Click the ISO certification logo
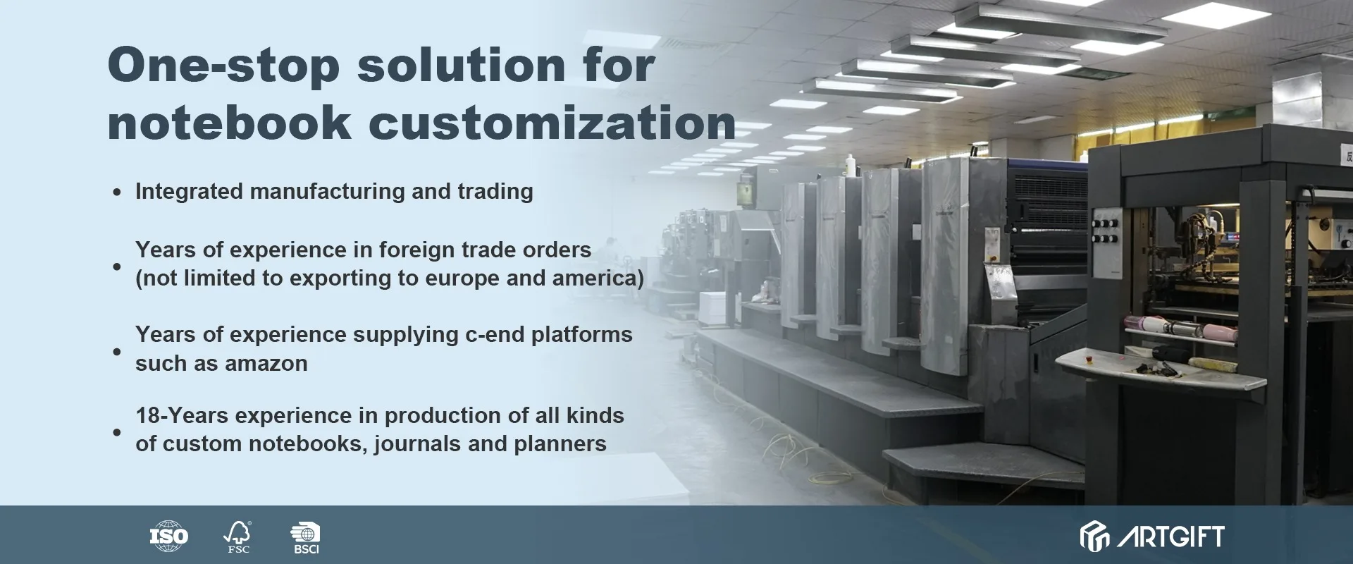[169, 537]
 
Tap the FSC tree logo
[237, 537]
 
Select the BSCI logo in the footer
[306, 538]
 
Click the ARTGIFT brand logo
[1152, 537]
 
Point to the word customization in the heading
[552, 123]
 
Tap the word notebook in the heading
[229, 123]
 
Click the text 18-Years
[182, 416]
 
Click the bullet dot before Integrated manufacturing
[117, 192]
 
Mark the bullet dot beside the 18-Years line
[117, 432]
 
